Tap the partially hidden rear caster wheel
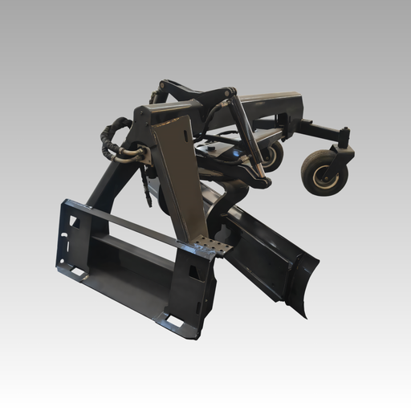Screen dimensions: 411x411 [273, 154]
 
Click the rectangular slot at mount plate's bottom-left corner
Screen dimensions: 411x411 [78, 273]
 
